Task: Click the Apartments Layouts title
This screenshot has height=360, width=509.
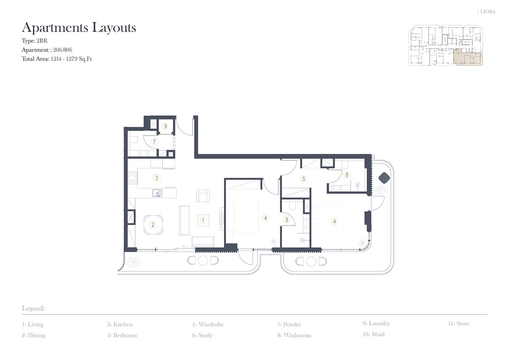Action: [x=79, y=28]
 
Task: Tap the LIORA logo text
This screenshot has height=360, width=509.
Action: [x=488, y=12]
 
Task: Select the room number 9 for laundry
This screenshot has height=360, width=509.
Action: [x=166, y=126]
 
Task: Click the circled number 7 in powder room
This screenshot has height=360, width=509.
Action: [x=154, y=142]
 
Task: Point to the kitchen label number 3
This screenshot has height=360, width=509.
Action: [x=156, y=178]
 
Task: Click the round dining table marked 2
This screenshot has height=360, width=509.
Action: [x=153, y=225]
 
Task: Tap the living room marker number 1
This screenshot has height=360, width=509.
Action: [x=203, y=220]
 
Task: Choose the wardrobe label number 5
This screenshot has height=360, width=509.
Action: [x=304, y=179]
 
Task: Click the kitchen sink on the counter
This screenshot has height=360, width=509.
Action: [x=157, y=193]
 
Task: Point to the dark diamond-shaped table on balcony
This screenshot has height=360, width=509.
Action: [x=384, y=178]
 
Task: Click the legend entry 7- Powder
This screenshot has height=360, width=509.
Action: [x=289, y=324]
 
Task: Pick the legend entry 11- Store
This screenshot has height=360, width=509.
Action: [x=458, y=323]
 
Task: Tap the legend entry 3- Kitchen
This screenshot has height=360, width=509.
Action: [x=120, y=324]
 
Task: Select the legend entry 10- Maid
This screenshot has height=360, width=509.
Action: [x=374, y=334]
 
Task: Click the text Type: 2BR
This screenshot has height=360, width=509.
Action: [x=35, y=41]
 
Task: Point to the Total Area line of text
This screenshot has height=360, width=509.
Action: [x=57, y=59]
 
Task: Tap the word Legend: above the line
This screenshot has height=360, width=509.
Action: [x=33, y=308]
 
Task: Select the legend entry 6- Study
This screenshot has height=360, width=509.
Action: [x=202, y=335]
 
